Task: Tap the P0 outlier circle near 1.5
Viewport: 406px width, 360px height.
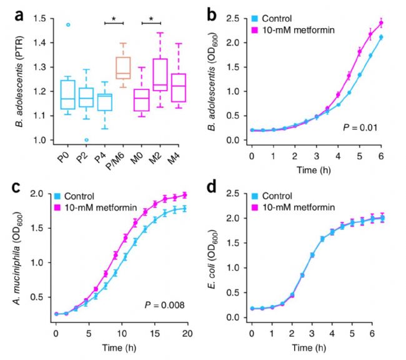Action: pyautogui.click(x=69, y=25)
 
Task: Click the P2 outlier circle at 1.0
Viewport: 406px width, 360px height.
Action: pyautogui.click(x=87, y=139)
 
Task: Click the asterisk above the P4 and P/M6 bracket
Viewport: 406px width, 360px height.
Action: pyautogui.click(x=114, y=19)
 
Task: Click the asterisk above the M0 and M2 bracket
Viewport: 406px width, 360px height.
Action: pyautogui.click(x=151, y=19)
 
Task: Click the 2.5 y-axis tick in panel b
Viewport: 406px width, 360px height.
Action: pyautogui.click(x=238, y=19)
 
